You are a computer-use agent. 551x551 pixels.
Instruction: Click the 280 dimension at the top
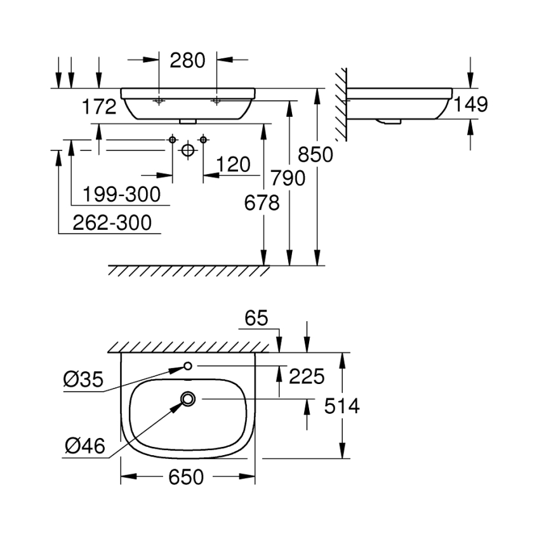coord(188,60)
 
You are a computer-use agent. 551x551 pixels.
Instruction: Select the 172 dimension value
coord(99,106)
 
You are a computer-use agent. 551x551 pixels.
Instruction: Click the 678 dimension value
coord(262,203)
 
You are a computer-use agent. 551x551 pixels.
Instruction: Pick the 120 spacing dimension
coord(233,165)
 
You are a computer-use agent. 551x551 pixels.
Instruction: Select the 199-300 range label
coord(120,194)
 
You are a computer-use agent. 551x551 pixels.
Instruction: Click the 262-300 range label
coord(112,223)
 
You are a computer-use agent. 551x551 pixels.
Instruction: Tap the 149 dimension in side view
coord(470,104)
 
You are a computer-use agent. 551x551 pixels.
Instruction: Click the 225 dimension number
coord(307,376)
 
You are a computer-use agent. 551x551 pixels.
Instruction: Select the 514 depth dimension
coord(342,406)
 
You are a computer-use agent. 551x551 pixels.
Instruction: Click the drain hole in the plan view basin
coord(188,399)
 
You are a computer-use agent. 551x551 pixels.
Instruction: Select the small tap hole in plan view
coord(188,366)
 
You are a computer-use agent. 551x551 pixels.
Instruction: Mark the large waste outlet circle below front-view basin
coord(187,150)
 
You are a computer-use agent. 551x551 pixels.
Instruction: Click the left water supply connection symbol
coord(172,139)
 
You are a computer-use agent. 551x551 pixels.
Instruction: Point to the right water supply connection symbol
coord(203,139)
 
